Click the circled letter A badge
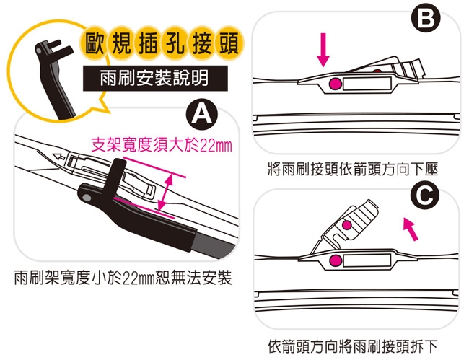(201, 115)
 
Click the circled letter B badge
(426, 19)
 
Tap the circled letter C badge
(425, 196)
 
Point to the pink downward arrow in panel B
(323, 50)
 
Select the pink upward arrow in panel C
(410, 229)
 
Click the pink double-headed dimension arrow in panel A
(165, 193)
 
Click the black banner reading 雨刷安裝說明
(155, 79)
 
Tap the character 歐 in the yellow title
(95, 44)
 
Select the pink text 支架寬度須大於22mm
(162, 145)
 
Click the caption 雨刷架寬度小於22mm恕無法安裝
(123, 278)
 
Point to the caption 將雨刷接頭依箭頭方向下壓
(353, 169)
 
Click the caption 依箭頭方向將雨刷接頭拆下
(353, 346)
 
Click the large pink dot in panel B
(335, 84)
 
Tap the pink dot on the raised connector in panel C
(346, 224)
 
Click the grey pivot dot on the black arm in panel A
(87, 198)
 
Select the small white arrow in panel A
(58, 156)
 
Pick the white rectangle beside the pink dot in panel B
(367, 84)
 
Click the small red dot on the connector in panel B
(377, 71)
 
